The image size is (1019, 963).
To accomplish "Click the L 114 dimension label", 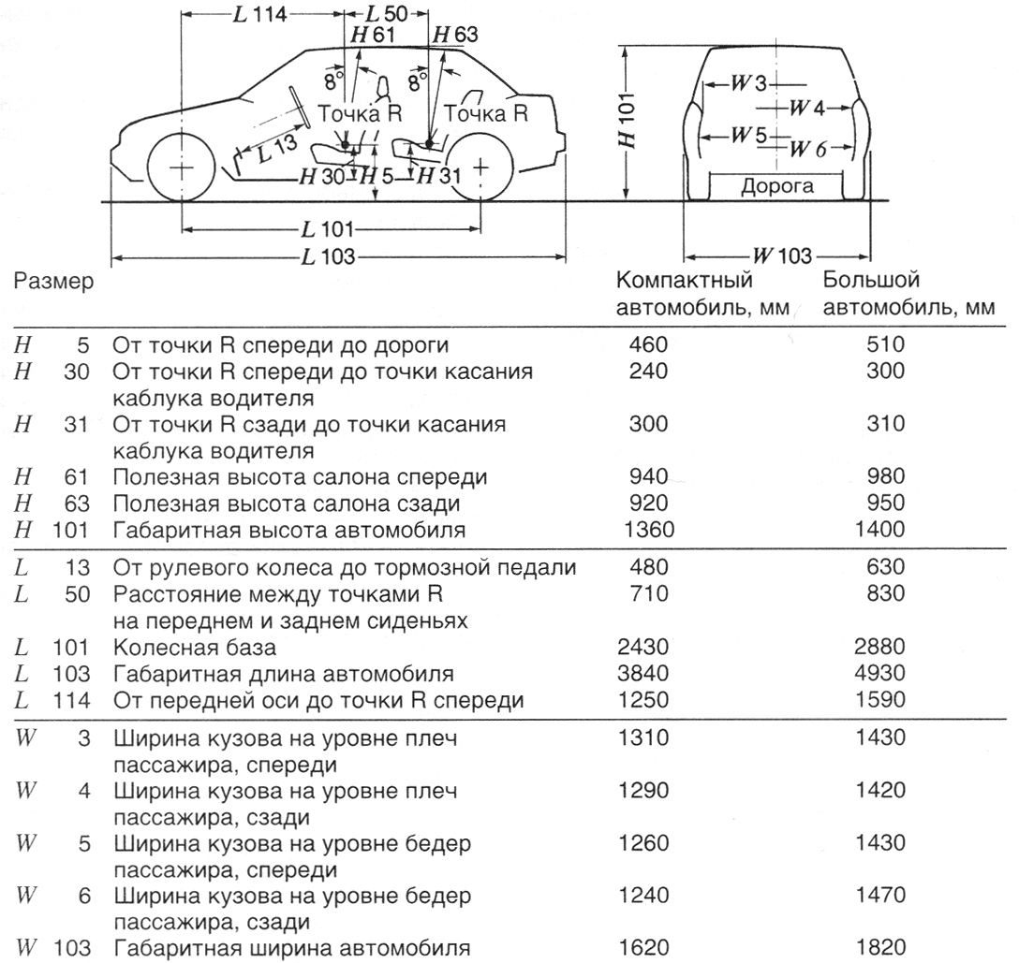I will pyautogui.click(x=258, y=15).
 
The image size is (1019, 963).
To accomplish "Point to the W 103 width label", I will pyautogui.click(x=780, y=255).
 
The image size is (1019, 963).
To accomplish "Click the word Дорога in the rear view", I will pyautogui.click(x=777, y=186).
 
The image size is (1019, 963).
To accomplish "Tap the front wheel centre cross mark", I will pyautogui.click(x=182, y=168).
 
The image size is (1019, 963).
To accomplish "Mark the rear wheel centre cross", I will pyautogui.click(x=480, y=168).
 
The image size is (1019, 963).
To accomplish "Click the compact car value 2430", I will pyautogui.click(x=645, y=648).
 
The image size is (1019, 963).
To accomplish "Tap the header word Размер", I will pyautogui.click(x=53, y=281).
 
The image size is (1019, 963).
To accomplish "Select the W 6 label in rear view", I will pyautogui.click(x=809, y=148).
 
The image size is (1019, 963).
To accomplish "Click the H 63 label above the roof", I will pyautogui.click(x=454, y=36).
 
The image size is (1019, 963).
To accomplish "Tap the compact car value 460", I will pyautogui.click(x=645, y=344).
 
